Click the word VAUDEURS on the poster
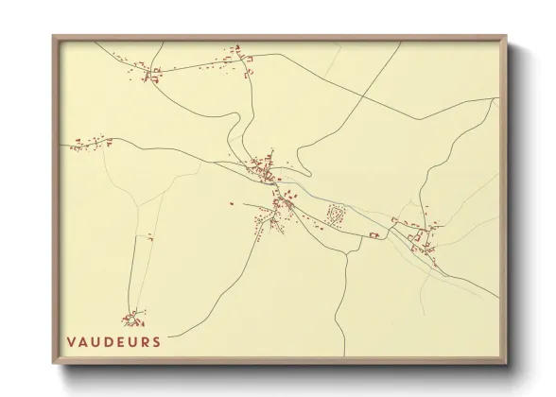113,341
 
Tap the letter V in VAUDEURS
71,341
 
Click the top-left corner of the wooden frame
55,38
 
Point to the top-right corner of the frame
505,38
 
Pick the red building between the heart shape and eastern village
374,233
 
